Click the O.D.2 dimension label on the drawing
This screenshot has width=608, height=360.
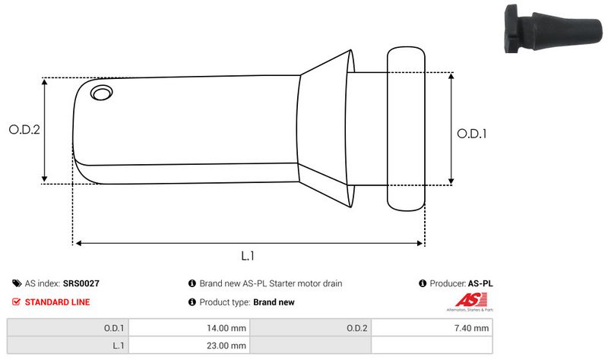tap(24, 130)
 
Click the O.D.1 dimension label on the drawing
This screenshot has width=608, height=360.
tap(471, 133)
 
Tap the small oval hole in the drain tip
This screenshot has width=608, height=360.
tap(100, 93)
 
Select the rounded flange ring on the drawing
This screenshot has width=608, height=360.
tap(407, 129)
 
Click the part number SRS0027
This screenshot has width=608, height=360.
tap(81, 283)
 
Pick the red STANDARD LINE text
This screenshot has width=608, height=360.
tap(57, 302)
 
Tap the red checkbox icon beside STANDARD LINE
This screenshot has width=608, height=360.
tap(17, 302)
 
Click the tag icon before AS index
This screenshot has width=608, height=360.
tap(17, 283)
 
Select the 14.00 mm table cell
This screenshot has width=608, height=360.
tap(227, 328)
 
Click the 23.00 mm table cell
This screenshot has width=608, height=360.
tap(227, 346)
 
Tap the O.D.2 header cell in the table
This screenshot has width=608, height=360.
tap(357, 328)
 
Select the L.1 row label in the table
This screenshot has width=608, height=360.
tap(117, 346)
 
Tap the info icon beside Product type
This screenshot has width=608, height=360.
tap(192, 302)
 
